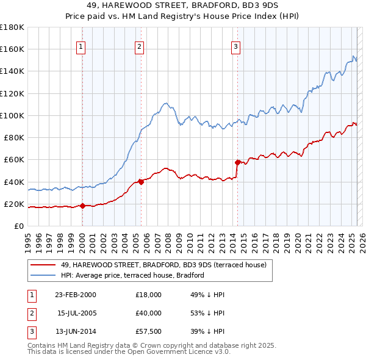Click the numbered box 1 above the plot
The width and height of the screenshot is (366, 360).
(x=81, y=46)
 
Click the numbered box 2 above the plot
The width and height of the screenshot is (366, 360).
(x=140, y=46)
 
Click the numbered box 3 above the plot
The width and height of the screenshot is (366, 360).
(x=236, y=46)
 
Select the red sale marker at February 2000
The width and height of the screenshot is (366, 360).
(x=83, y=206)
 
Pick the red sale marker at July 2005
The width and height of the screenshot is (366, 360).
(x=141, y=181)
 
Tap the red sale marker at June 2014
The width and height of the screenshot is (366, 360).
(x=237, y=162)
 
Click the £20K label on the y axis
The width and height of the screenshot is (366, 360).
(x=14, y=204)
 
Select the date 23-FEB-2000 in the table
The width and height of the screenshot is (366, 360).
(x=75, y=295)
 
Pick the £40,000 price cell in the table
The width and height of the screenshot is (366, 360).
(x=149, y=313)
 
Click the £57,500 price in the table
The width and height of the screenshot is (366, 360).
(x=149, y=331)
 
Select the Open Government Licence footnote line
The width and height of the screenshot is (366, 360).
(x=129, y=352)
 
